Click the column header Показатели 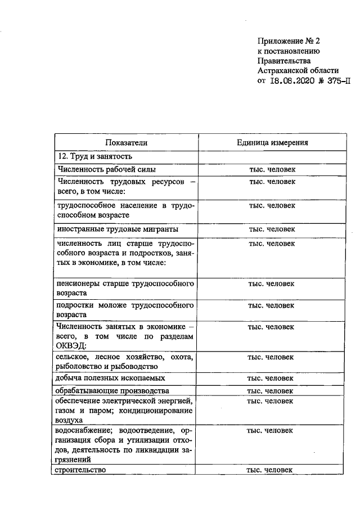pos(126,143)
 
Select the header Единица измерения pos(272,143)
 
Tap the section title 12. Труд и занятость pos(94,156)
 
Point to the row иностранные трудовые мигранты pos(118,229)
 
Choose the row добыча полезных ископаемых pos(111,378)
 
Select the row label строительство pos(82,470)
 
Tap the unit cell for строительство pos(272,470)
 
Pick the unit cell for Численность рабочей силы pos(272,169)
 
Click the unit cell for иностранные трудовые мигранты pos(272,229)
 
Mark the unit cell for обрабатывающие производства pos(272,391)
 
